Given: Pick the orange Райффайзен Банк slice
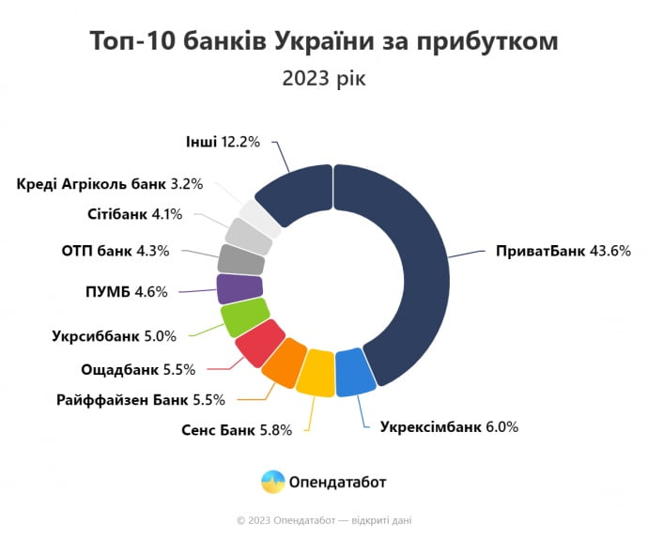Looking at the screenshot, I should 284,362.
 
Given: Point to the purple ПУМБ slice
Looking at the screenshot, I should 239,288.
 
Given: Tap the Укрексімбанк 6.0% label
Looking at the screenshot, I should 449,426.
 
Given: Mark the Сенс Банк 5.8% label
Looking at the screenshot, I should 237,430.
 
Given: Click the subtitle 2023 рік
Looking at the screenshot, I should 324,78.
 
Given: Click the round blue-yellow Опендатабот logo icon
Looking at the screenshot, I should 272,482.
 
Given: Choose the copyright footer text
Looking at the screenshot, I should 324,519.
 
